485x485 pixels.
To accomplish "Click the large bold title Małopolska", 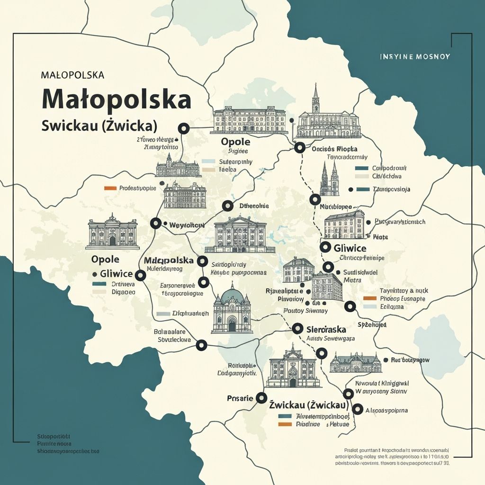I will pos(117,99).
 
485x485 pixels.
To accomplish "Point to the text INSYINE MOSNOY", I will pos(415,56).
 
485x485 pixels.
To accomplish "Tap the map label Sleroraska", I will pos(326,329).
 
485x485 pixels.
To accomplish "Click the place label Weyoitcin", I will pos(187,225).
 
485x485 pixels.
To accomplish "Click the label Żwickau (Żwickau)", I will pos(309,406).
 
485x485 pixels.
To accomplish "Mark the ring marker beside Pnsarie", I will pos(261,398).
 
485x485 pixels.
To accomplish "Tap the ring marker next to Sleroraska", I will pos(297,328).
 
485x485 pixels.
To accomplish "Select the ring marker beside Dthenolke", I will pos(228,206).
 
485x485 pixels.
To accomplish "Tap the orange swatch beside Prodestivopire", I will pos(110,188).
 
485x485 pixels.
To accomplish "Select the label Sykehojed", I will pos(372,325).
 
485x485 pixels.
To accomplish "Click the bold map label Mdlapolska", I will pos(169,260).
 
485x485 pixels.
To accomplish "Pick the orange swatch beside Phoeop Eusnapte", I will pos(369,299).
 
